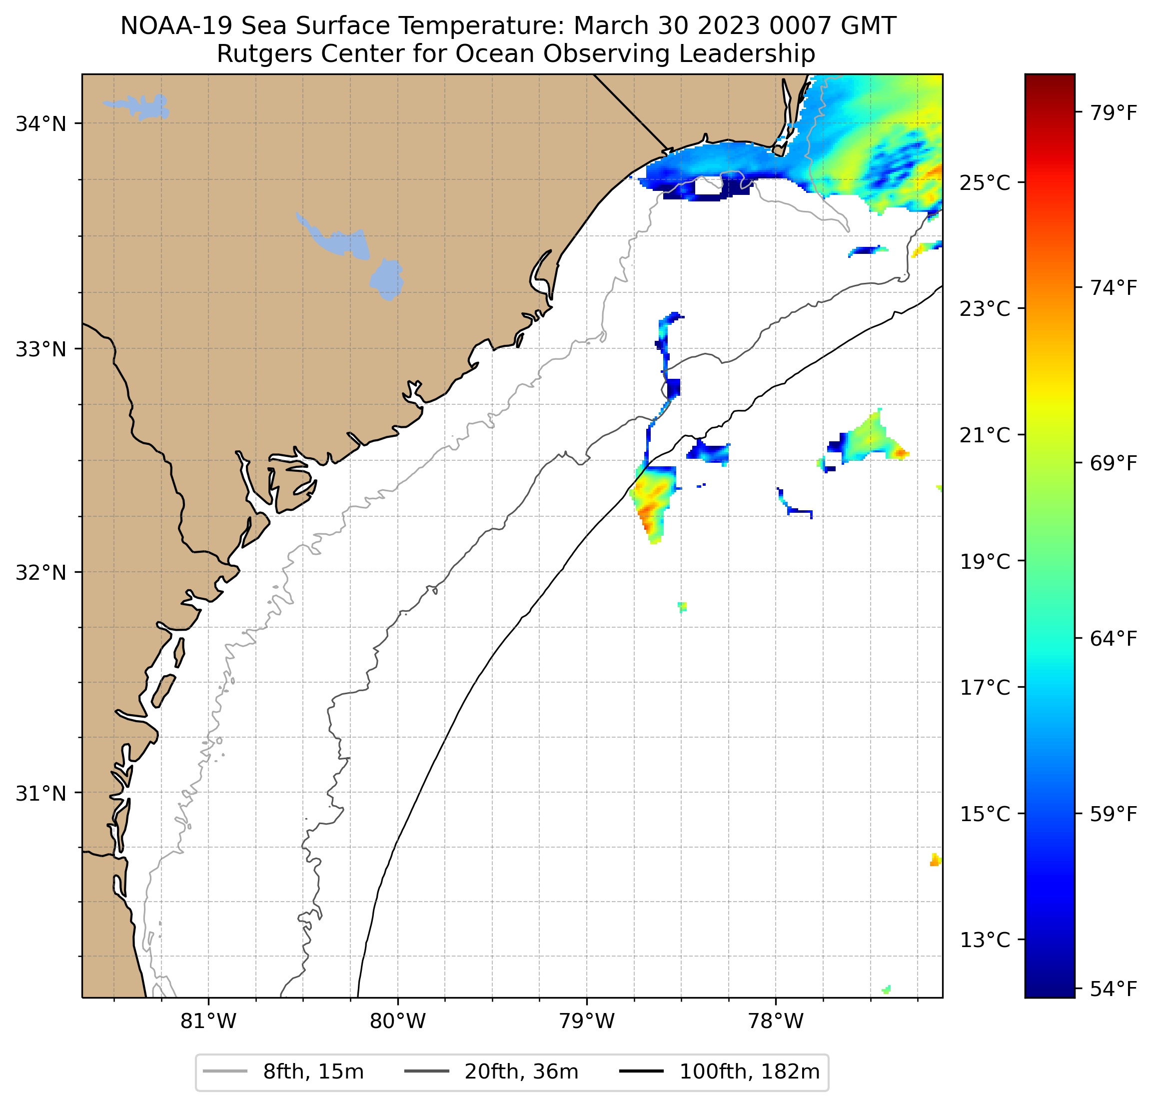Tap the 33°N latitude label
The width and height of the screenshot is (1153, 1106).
click(x=40, y=349)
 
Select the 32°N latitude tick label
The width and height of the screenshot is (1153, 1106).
click(x=40, y=572)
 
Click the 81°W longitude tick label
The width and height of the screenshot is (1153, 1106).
click(x=208, y=1021)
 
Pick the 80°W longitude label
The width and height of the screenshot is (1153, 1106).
click(x=398, y=1021)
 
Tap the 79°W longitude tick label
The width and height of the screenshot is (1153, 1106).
click(x=587, y=1021)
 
